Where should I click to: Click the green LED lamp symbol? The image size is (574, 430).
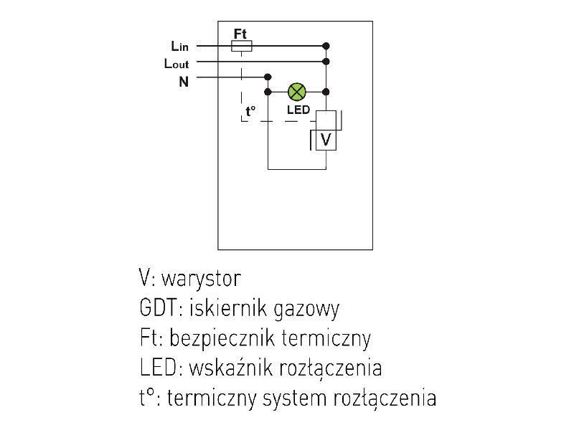[297, 92]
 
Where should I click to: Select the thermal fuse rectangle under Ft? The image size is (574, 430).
[242, 46]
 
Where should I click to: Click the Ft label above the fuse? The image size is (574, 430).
[240, 34]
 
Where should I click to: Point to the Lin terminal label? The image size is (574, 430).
[179, 47]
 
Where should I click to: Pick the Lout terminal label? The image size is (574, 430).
[177, 64]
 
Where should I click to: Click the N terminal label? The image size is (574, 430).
[184, 82]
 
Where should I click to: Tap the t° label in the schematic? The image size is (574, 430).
[250, 111]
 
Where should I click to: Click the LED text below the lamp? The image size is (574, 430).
[298, 110]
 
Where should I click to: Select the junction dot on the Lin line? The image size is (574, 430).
[326, 46]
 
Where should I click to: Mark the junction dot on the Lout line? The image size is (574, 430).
[326, 62]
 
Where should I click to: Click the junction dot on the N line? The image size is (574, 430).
[268, 77]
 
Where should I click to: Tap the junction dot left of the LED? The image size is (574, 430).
[268, 92]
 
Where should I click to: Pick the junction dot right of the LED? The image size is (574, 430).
[326, 92]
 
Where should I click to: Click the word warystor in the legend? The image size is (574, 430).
[202, 279]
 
